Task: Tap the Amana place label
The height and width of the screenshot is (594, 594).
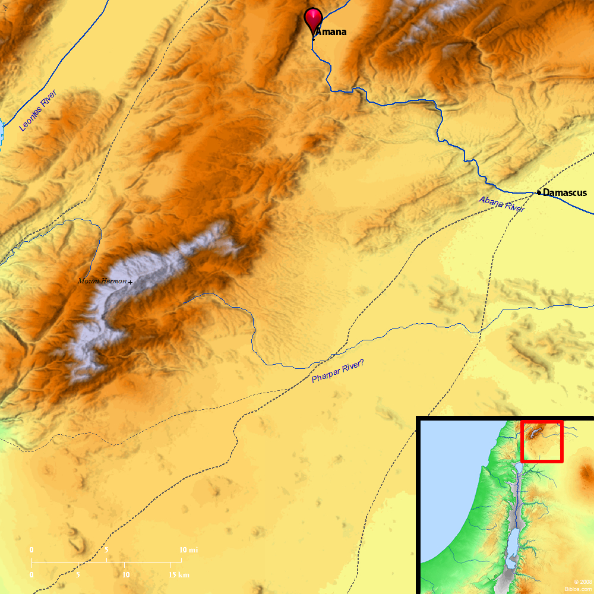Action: click(331, 32)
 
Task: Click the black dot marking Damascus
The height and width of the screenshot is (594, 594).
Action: click(539, 192)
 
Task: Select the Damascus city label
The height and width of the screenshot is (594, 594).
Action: click(565, 192)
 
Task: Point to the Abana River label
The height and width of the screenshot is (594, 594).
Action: click(502, 204)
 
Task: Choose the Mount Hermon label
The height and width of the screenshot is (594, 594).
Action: click(102, 281)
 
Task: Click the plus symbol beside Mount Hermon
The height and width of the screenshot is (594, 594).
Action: click(130, 282)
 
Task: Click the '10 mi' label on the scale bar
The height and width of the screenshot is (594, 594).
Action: click(188, 551)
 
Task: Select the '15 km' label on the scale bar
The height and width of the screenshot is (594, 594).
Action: click(178, 575)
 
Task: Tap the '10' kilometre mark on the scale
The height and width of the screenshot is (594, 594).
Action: click(126, 575)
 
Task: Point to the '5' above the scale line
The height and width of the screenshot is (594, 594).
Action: click(107, 551)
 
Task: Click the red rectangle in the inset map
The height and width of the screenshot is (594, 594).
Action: click(541, 441)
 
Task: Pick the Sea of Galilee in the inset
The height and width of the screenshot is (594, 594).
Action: click(519, 469)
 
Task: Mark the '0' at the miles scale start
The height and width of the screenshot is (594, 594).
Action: click(31, 551)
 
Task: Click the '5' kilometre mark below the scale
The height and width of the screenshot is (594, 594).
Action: click(78, 575)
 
